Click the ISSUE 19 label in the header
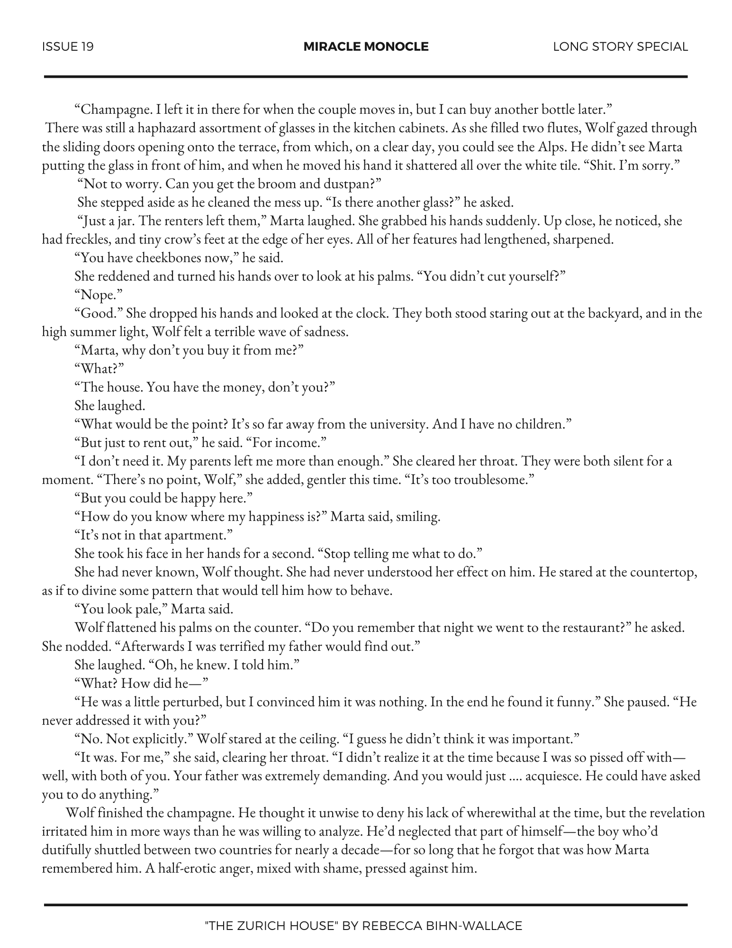click(x=68, y=46)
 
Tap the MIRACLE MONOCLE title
click(x=366, y=46)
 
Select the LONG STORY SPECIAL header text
click(x=620, y=46)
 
